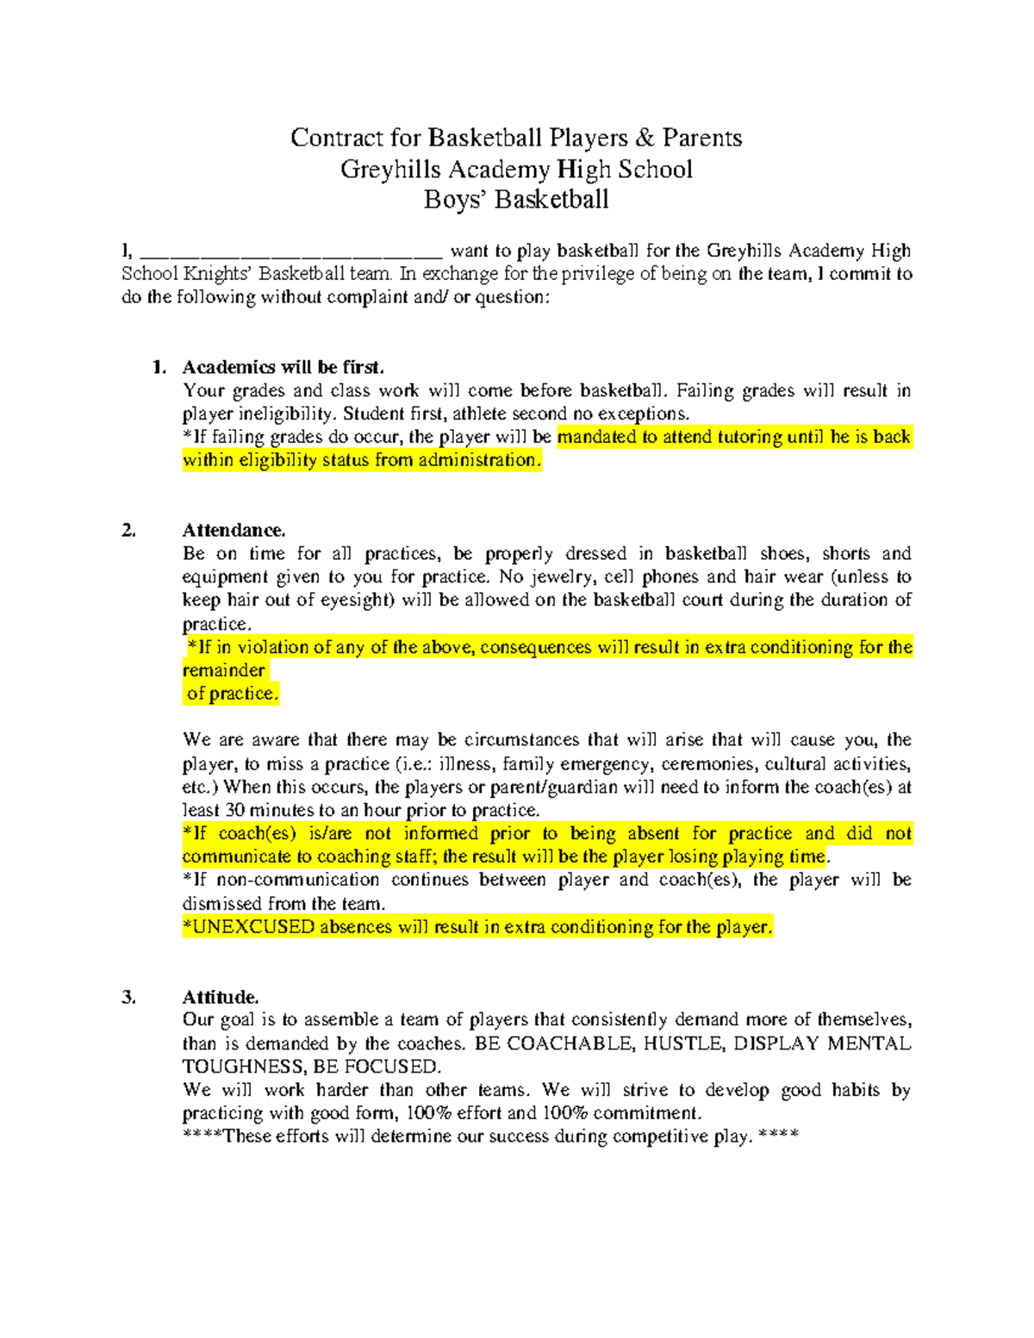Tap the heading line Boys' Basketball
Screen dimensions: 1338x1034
pos(516,200)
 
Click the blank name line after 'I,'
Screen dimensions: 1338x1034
pos(290,252)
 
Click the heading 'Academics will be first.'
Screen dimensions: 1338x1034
pos(283,367)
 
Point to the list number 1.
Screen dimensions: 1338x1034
pos(158,367)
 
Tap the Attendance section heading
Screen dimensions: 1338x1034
pos(234,530)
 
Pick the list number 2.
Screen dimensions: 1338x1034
pos(128,530)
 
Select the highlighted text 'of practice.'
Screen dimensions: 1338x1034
pos(232,694)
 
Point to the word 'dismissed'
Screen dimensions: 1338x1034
pos(222,904)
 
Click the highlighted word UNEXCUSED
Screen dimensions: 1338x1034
pos(252,927)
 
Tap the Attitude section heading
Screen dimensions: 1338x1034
pos(220,998)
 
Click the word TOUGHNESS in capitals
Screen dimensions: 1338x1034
pos(241,1067)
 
